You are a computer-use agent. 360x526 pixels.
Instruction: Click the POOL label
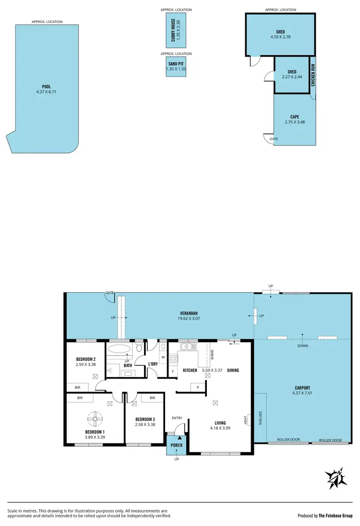point(46,87)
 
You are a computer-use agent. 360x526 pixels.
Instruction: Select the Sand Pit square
point(176,66)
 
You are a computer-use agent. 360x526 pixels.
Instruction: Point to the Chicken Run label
point(313,75)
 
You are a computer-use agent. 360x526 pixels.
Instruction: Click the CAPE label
point(295,116)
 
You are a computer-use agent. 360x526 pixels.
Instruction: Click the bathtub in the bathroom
point(118,349)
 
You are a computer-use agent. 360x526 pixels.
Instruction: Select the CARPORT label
point(302,388)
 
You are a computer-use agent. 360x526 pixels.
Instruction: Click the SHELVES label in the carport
point(260,418)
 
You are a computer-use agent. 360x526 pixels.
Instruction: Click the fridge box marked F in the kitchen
point(173,371)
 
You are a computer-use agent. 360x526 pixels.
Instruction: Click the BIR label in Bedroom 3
point(152,398)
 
